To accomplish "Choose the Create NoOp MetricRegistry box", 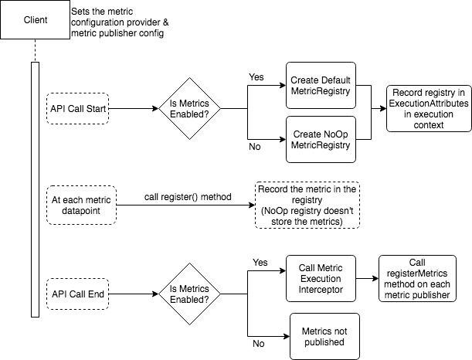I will click(321, 139).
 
